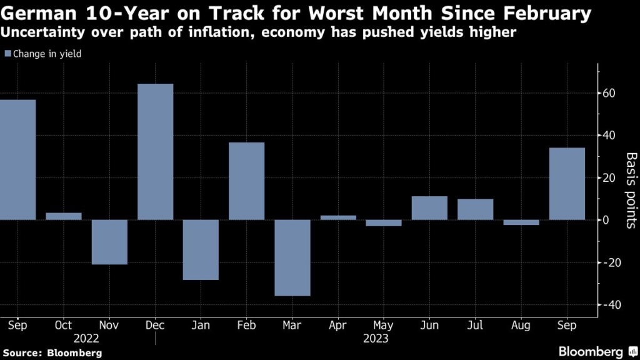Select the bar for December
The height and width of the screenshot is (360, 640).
pyautogui.click(x=155, y=152)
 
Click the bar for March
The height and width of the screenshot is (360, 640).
pyautogui.click(x=292, y=257)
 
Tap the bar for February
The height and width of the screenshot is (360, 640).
pyautogui.click(x=247, y=181)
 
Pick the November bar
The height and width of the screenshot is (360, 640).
pyautogui.click(x=109, y=242)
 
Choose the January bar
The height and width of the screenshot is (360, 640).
pyautogui.click(x=201, y=250)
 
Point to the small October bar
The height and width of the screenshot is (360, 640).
pyautogui.click(x=64, y=216)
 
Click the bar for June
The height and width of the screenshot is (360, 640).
pyautogui.click(x=429, y=208)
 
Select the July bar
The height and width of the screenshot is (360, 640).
pyautogui.click(x=475, y=209)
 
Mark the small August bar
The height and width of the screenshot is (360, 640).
pyautogui.click(x=521, y=222)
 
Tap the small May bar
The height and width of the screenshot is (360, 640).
pyautogui.click(x=384, y=223)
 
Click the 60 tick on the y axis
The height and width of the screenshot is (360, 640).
pyautogui.click(x=610, y=94)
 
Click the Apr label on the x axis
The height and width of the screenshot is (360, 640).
pyautogui.click(x=338, y=326)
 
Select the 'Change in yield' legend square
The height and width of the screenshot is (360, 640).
pyautogui.click(x=7, y=54)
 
